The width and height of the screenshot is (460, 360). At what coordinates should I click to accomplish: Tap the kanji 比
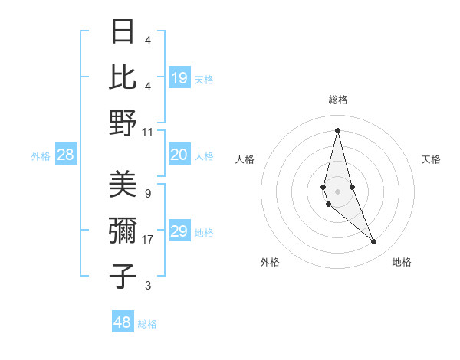[123, 77]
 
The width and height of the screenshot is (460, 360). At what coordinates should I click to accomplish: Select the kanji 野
[123, 123]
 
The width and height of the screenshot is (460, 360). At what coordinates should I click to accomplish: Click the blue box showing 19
[179, 77]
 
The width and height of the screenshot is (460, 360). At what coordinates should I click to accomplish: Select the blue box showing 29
[179, 232]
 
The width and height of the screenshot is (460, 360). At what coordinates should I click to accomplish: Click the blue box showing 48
[123, 322]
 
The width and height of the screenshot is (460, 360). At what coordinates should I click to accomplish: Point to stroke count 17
[148, 240]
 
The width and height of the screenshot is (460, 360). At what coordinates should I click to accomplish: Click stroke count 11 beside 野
[148, 132]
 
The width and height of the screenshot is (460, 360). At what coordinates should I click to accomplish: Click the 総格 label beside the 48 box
[147, 324]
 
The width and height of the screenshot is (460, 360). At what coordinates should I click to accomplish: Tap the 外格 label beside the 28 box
[41, 156]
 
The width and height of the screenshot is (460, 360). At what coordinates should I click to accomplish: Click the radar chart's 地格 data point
[374, 242]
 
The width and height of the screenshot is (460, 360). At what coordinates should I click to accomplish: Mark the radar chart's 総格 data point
[337, 129]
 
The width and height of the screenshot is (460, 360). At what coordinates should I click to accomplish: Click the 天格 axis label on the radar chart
[431, 159]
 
